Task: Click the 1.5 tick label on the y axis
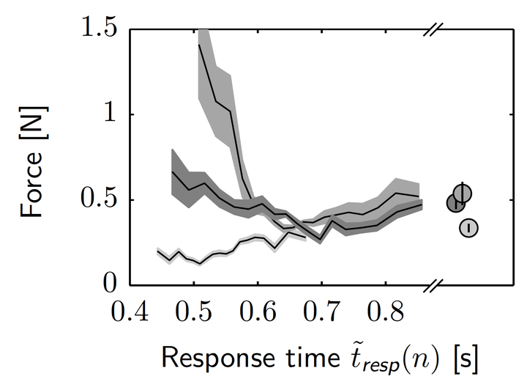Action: coord(100,30)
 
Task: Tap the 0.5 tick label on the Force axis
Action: coord(100,200)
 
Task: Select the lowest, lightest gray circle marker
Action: coord(468,228)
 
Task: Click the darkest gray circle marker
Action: coord(456,203)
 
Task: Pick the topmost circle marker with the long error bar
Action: coord(463,193)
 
